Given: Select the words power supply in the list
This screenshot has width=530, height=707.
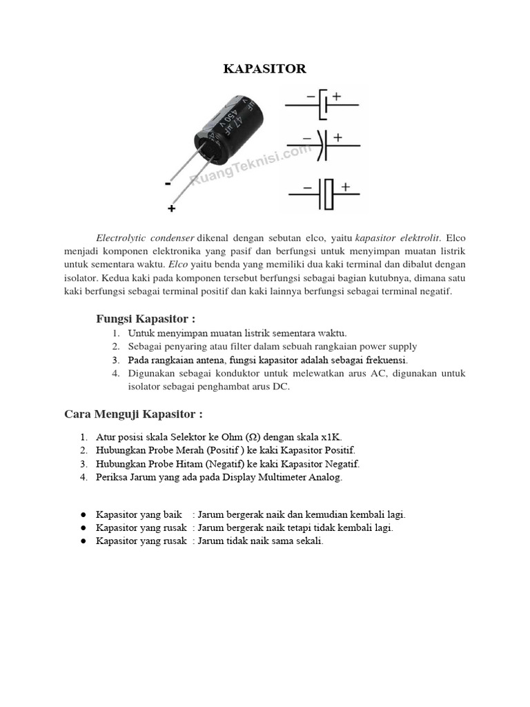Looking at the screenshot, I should point(389,347).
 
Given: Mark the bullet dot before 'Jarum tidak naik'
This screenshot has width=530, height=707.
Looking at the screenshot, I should point(82,542).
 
